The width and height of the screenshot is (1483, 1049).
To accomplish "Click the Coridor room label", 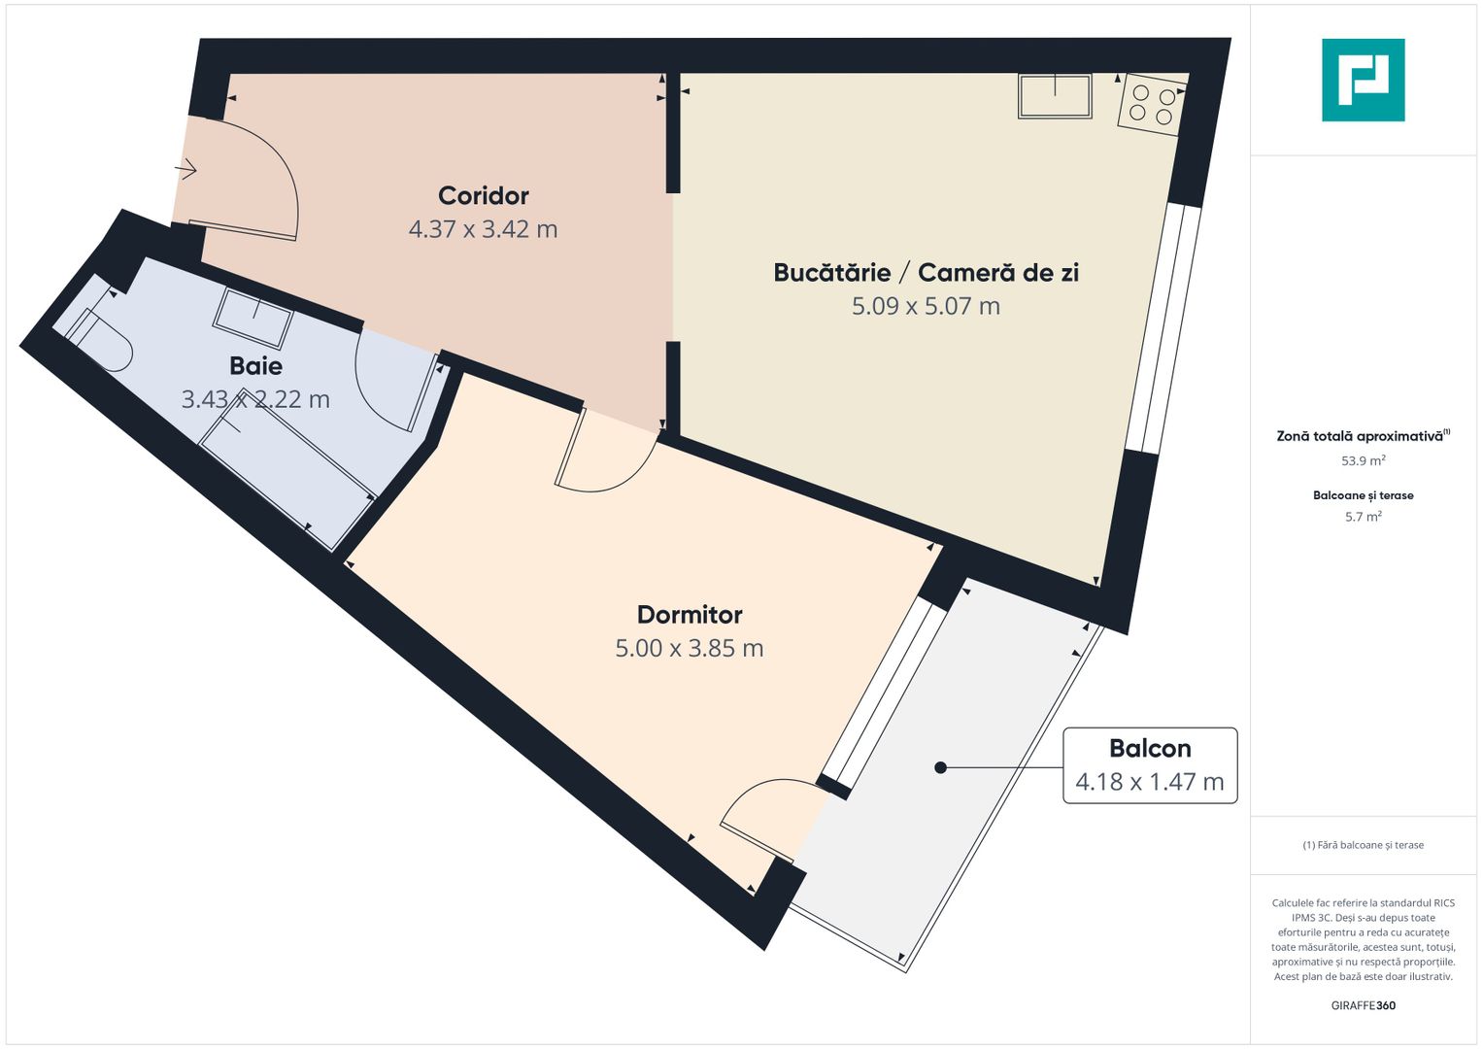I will coord(483,196).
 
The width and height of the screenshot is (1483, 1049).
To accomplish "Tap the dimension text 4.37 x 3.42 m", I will coord(483,230).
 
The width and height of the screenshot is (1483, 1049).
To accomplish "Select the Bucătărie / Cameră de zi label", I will coord(926,273).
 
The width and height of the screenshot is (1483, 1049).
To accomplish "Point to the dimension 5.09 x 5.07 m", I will coord(926,307).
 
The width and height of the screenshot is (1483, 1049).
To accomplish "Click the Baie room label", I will coord(255,366).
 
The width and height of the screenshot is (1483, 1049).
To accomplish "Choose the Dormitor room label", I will coord(690,615).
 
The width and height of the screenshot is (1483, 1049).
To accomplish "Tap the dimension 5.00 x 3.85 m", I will coord(690,649).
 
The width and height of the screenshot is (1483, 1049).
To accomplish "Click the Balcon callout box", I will coord(1150,765).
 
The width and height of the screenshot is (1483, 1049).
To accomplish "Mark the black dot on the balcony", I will coord(940,767).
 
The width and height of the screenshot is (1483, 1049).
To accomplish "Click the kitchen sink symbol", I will coord(1055,96).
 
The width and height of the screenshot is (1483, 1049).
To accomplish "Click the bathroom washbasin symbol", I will coord(253,317).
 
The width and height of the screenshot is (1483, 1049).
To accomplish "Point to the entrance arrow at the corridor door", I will coord(186,171).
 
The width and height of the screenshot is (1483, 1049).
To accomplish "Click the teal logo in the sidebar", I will coord(1363,80).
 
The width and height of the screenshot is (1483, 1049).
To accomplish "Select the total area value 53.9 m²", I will coord(1363,461).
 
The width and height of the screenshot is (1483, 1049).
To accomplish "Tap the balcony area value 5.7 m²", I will coord(1363,518).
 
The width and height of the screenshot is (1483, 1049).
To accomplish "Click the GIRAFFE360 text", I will coord(1363,1006).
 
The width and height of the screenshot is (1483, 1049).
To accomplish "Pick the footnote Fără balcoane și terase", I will coord(1363,845).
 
